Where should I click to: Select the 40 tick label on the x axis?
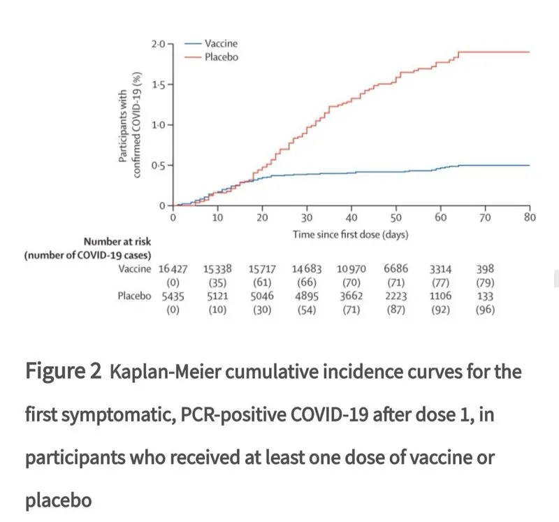point(351,218)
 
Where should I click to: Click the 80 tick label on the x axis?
point(530,218)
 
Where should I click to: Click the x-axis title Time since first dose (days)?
point(351,234)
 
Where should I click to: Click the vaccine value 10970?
point(352,268)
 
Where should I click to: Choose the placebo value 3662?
point(352,296)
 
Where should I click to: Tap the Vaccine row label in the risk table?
point(135,268)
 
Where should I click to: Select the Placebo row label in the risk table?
point(135,296)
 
